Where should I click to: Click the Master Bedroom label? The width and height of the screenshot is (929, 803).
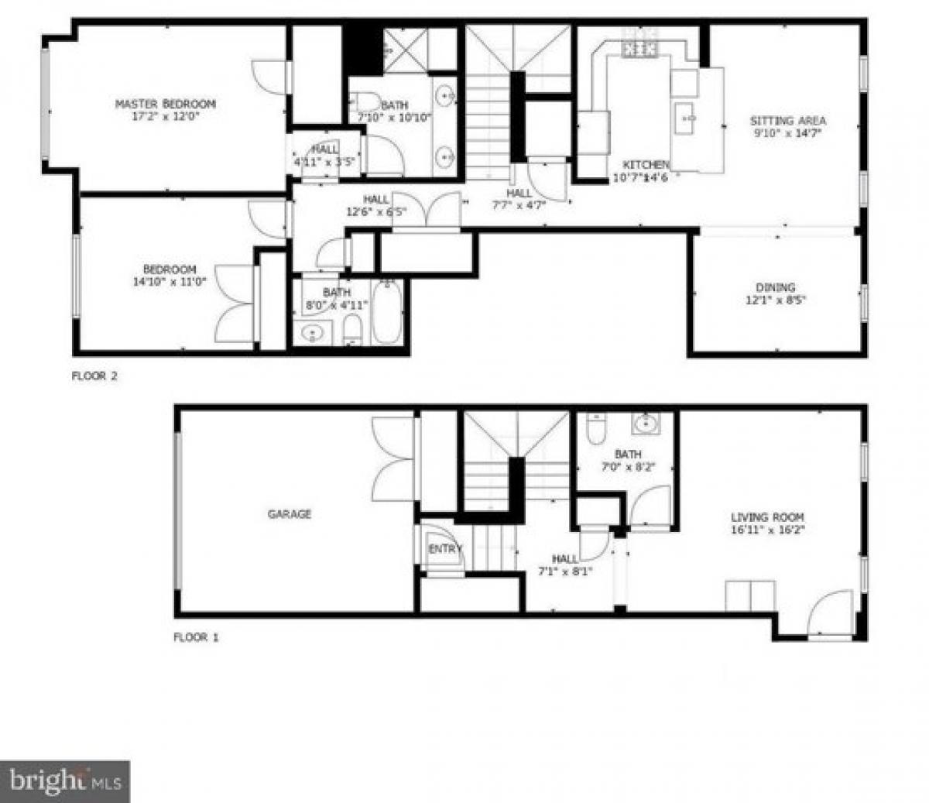(165, 104)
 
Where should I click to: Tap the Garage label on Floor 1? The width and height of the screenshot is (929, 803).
(290, 513)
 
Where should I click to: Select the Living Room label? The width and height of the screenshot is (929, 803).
(767, 517)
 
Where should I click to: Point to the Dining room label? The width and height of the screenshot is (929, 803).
(776, 287)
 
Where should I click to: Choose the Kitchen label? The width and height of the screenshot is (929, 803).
(646, 165)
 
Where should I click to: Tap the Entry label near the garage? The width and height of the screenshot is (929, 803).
(444, 549)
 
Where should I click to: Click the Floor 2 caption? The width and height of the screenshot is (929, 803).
(94, 377)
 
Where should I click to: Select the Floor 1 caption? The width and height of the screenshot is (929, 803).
(195, 637)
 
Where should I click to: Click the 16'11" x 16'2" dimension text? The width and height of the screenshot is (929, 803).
(767, 530)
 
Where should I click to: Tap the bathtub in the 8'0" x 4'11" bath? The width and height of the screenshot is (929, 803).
(387, 313)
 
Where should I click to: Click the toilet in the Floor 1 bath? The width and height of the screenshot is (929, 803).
(596, 431)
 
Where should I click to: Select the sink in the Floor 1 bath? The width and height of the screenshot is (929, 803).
(644, 424)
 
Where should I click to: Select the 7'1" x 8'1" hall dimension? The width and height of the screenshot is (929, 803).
(564, 571)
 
